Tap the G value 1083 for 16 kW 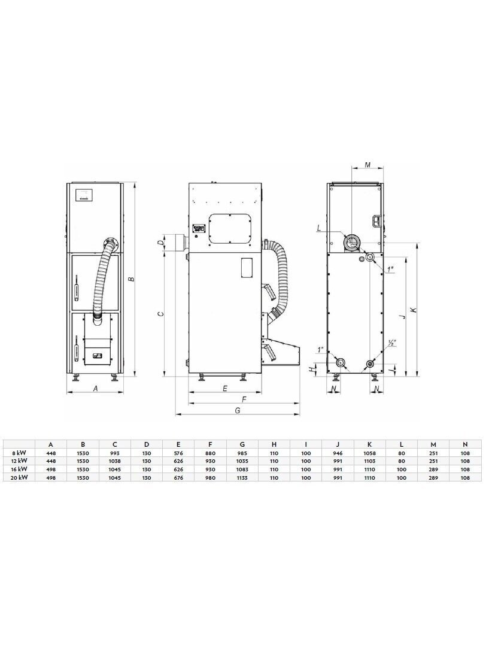point(242,470)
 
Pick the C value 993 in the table point(115,453)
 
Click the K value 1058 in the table point(369,453)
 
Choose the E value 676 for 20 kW point(178,478)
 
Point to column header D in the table point(147,444)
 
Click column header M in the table point(433,444)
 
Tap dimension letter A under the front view point(96,389)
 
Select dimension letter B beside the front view point(130,279)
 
